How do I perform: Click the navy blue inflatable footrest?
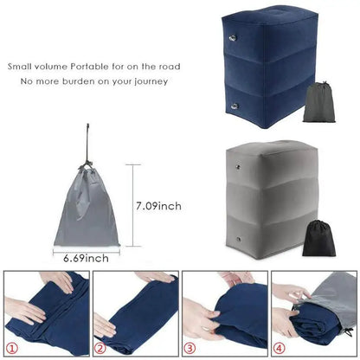point(259,65)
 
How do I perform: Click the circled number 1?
point(13,348)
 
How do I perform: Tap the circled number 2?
point(102,348)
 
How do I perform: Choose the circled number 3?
point(190,348)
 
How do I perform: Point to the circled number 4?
point(279,348)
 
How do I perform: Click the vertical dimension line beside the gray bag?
point(132,206)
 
